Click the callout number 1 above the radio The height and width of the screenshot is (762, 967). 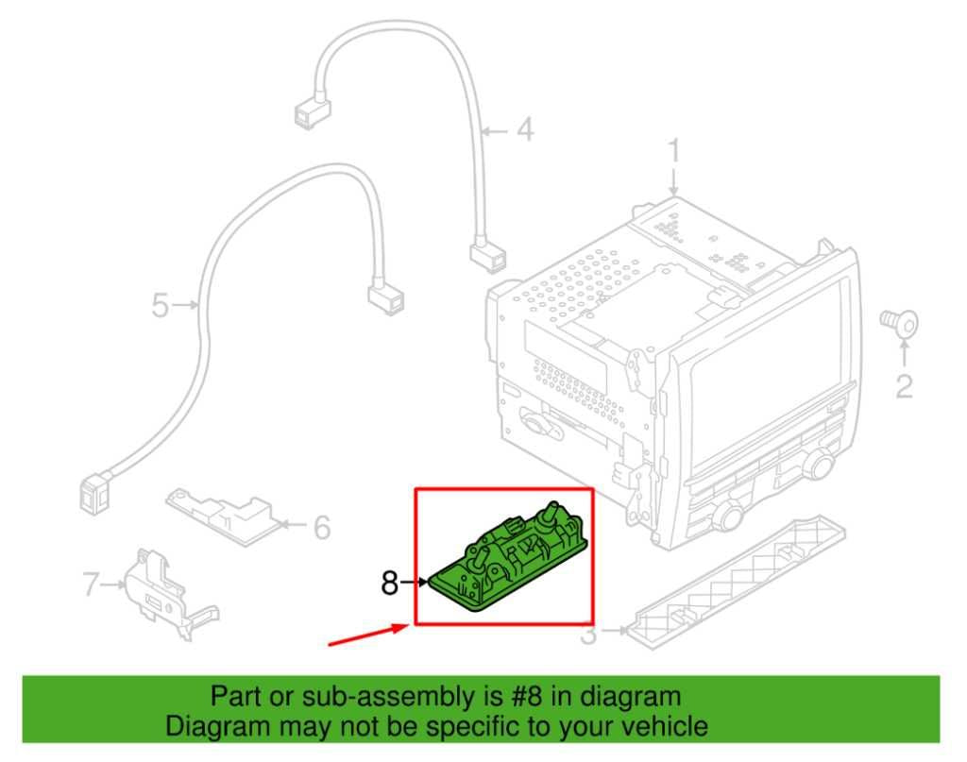[x=674, y=151]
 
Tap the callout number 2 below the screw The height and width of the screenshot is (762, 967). [x=904, y=386]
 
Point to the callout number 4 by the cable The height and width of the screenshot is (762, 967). [x=523, y=129]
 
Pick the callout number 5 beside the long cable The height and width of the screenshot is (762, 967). [x=161, y=305]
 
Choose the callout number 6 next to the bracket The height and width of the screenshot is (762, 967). [x=321, y=528]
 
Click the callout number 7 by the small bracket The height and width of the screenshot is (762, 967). [x=91, y=585]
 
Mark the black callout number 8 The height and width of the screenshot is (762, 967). [x=389, y=584]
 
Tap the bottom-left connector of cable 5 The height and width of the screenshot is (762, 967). [x=95, y=491]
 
